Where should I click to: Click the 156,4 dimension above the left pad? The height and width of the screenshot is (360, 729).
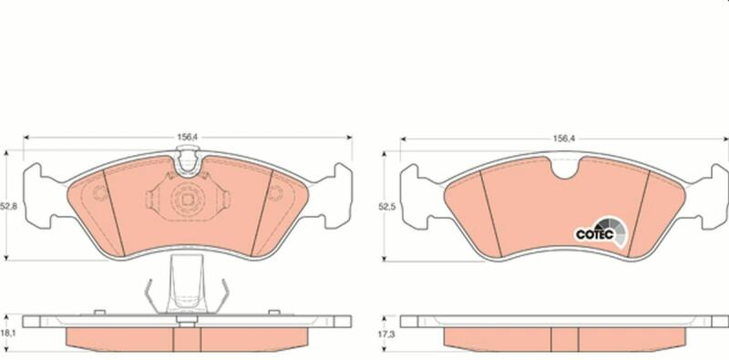(x=188, y=138)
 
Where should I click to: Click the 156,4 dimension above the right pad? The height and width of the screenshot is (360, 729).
(x=564, y=139)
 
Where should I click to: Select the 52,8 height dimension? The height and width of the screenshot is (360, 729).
(x=8, y=207)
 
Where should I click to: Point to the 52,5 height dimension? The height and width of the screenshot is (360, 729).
(x=386, y=207)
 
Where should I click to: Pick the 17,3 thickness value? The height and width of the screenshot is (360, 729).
(x=386, y=334)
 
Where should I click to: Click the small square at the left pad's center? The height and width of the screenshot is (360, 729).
(x=188, y=200)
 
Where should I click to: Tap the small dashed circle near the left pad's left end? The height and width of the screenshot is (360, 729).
(x=100, y=192)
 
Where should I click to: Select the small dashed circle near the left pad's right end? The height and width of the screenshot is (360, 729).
(x=275, y=192)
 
